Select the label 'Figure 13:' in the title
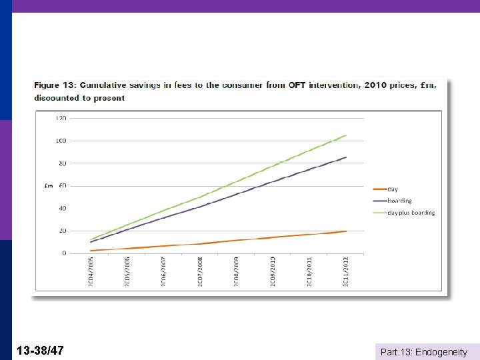(57, 85)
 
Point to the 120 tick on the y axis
(61, 118)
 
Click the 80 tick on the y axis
(61, 163)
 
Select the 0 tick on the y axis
(64, 253)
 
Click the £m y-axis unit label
(49, 186)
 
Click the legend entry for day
(393, 190)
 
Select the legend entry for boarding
(399, 201)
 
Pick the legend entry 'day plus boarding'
(411, 213)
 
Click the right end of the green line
(346, 135)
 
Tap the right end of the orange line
(346, 231)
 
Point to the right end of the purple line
(346, 157)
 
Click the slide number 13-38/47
(41, 350)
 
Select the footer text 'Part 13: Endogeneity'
(423, 352)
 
